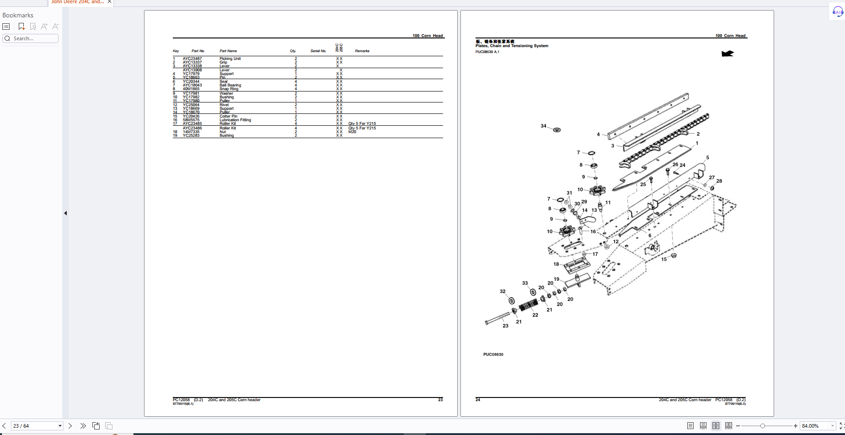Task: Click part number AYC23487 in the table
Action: tap(192, 59)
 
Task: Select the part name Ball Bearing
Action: tap(230, 85)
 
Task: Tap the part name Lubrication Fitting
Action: tap(235, 120)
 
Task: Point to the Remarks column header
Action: tap(362, 51)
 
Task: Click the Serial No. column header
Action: tap(318, 51)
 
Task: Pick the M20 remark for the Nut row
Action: tap(352, 132)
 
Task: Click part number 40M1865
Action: tap(191, 89)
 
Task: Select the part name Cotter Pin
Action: tap(228, 116)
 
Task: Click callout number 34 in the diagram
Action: tap(543, 126)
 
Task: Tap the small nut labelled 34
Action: tap(557, 130)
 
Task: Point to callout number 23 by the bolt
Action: tap(505, 326)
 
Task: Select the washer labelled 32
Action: tap(512, 301)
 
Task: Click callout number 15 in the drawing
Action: tap(664, 259)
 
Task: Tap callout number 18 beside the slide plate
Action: tap(556, 264)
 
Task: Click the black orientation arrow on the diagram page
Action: tap(727, 54)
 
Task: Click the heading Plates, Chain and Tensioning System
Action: tap(512, 46)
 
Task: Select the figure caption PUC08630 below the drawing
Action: tap(493, 354)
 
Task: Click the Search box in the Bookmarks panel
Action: tap(31, 38)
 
